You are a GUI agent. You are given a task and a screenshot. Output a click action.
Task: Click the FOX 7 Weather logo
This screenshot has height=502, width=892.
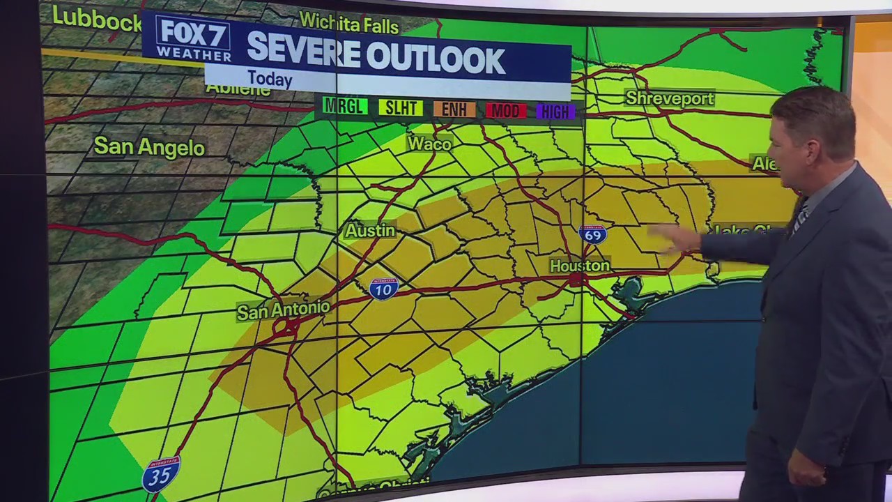(193, 39)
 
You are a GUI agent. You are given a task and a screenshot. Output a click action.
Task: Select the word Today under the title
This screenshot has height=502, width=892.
(270, 79)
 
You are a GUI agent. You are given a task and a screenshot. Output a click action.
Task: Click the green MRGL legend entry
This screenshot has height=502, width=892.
(345, 107)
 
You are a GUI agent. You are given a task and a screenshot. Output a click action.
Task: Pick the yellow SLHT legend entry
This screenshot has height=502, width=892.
(401, 108)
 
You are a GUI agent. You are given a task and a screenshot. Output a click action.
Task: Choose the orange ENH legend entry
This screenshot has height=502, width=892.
(454, 109)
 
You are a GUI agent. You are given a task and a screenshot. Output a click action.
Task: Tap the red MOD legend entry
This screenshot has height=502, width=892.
(506, 111)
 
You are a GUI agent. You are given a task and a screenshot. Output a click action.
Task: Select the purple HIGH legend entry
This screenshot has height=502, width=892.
(555, 112)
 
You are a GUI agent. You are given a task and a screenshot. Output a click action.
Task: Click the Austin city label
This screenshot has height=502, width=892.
(370, 231)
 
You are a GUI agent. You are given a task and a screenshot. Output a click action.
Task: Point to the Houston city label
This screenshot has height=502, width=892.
(579, 266)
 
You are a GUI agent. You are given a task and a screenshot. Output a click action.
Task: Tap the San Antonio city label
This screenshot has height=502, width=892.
(283, 310)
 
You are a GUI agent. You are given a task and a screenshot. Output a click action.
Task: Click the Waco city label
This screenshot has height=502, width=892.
(429, 144)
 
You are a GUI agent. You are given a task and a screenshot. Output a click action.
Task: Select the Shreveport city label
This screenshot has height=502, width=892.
(669, 98)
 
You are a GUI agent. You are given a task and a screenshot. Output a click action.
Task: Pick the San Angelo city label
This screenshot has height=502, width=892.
(149, 146)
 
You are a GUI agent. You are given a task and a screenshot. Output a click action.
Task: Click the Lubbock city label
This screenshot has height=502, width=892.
(97, 20)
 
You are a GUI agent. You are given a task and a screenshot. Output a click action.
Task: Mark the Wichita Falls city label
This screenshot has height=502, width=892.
(348, 24)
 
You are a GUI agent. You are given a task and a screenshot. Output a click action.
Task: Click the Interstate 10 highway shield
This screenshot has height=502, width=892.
(383, 288)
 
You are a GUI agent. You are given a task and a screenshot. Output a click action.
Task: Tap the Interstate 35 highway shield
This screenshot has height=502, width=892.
(161, 475)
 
